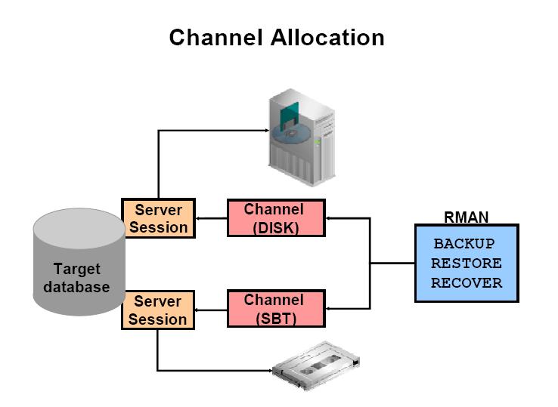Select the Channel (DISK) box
275,217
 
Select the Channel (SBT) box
275,310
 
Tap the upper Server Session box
158,218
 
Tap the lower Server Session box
158,310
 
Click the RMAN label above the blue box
466,217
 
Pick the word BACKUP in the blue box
463,245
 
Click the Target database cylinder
78,264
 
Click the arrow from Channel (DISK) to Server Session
210,218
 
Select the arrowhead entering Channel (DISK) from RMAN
330,218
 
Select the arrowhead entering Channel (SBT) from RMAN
330,308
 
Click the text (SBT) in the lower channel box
275,319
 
